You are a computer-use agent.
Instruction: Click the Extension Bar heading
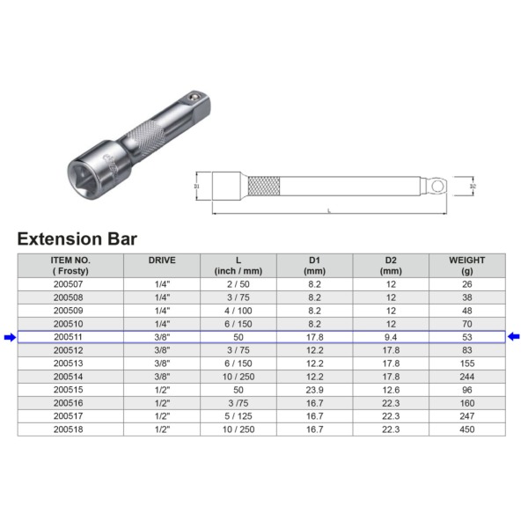click(77, 238)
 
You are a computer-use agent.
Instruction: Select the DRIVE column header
click(162, 260)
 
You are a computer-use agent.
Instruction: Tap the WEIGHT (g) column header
click(466, 266)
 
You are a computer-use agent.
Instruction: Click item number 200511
click(68, 337)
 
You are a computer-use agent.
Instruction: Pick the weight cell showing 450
click(466, 429)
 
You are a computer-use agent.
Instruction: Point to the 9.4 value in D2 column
click(391, 337)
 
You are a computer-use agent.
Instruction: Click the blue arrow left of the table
click(10, 337)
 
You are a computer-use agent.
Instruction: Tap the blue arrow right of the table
click(514, 336)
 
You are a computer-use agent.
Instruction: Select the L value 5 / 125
click(238, 416)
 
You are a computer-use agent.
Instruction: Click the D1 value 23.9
click(314, 390)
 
